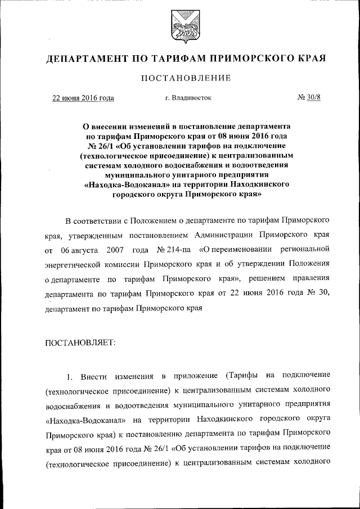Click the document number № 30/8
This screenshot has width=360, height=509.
coord(308,98)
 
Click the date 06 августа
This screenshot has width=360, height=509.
coord(80,248)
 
